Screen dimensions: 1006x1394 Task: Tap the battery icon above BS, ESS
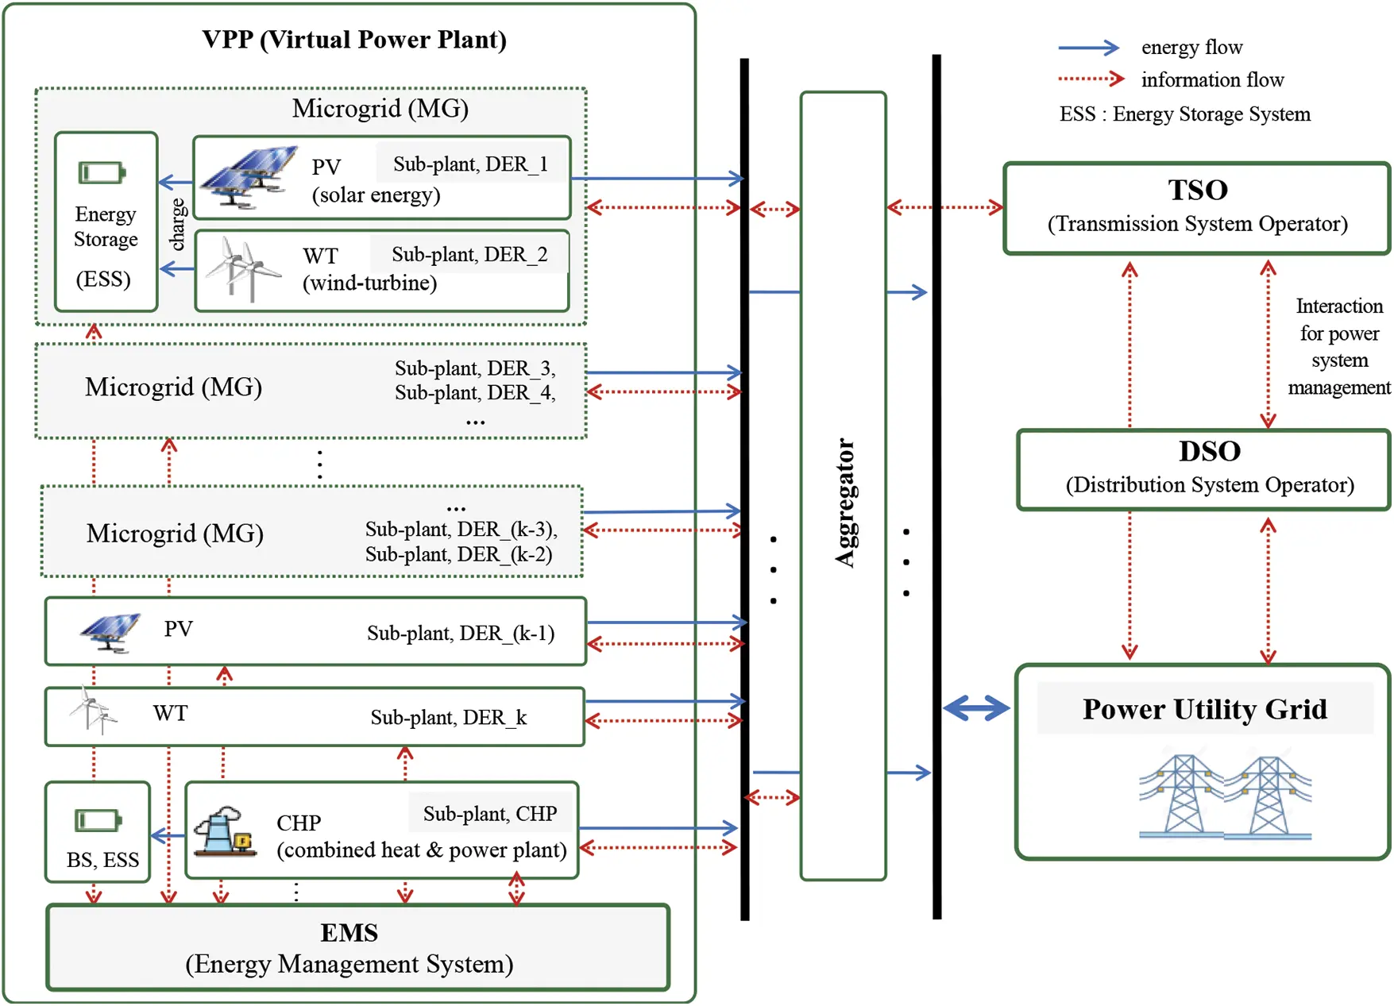tap(98, 820)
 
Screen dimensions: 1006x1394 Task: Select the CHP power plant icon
tap(225, 831)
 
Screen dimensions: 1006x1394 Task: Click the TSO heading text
tap(1197, 190)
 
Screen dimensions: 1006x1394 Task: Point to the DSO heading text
tap(1209, 451)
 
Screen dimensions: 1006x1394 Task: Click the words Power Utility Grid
tap(1204, 708)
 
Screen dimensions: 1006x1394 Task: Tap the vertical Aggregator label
tap(845, 503)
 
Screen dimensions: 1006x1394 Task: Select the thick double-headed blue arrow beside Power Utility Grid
tap(975, 707)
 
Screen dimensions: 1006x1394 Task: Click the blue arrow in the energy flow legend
tap(1089, 48)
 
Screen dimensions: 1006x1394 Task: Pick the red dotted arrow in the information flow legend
tap(1091, 79)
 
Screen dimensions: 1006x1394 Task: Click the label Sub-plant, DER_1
tap(470, 164)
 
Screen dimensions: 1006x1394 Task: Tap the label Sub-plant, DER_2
tap(469, 254)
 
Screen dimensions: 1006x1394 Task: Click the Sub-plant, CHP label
tap(489, 813)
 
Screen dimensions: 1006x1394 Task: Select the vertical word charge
tap(178, 225)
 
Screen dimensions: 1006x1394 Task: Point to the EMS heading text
tap(349, 932)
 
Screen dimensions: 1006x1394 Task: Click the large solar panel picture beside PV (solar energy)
tap(249, 176)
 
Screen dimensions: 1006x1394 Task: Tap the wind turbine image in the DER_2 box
tap(241, 269)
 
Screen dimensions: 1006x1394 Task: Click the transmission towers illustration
tap(1224, 797)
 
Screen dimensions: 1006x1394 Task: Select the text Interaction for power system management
tap(1338, 346)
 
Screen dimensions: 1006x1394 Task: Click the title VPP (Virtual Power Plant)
tap(354, 40)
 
